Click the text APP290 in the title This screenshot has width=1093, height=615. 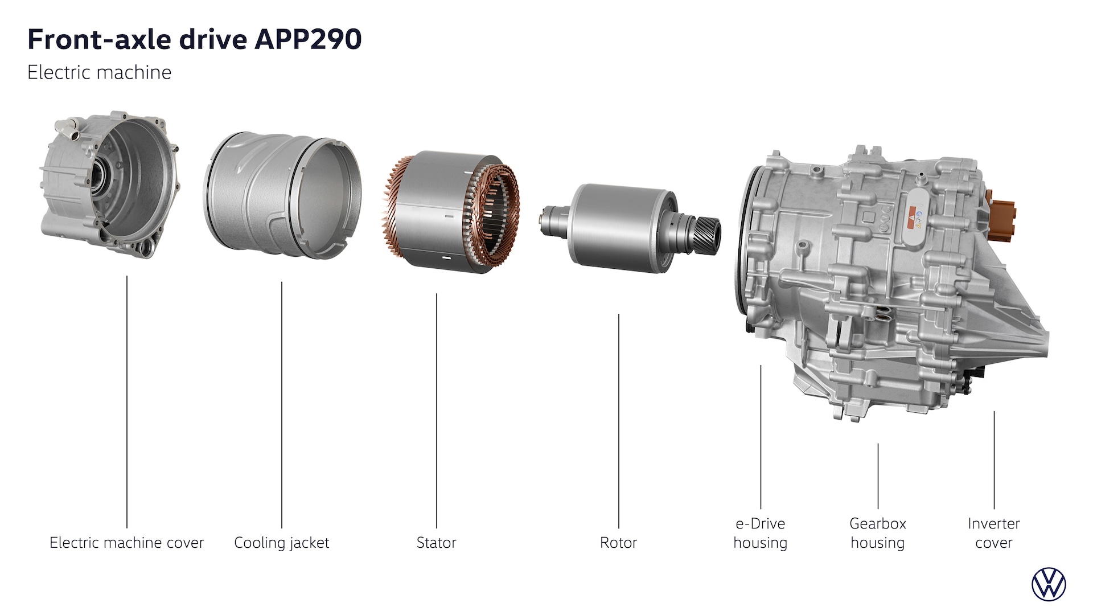307,40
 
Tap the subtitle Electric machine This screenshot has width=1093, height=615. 99,72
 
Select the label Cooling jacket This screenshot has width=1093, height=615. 282,543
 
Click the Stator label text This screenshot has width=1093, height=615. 437,543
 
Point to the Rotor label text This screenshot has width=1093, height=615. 618,543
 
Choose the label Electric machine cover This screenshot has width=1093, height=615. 126,543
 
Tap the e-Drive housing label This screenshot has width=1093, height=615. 761,533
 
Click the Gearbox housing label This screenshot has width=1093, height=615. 878,533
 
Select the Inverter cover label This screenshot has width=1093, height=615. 994,533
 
